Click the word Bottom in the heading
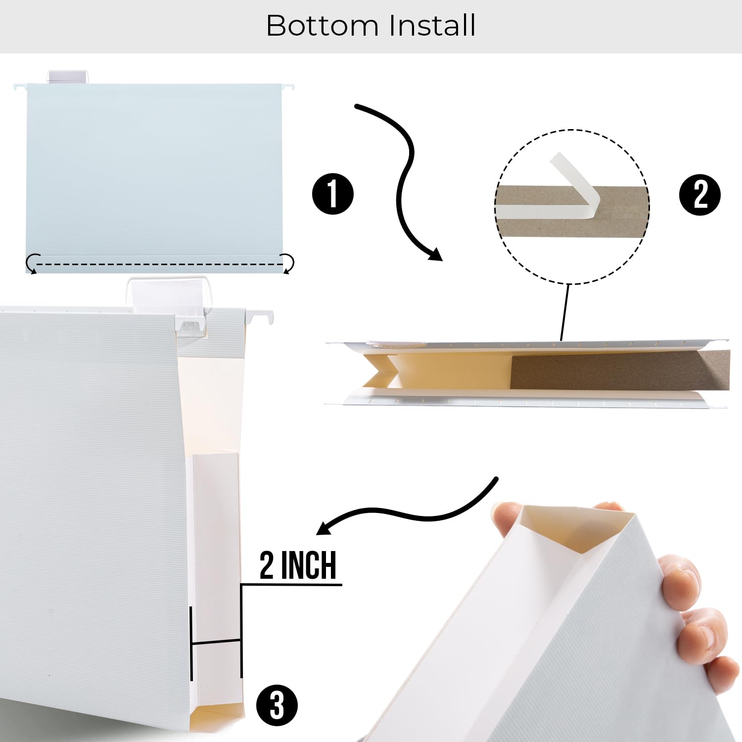point(322,26)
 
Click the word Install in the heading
point(432,26)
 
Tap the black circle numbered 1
point(333,194)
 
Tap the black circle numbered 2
point(700,195)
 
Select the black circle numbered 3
point(277,705)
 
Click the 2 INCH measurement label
point(298,565)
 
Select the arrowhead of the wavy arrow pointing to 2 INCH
point(324,528)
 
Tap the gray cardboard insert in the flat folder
point(618,371)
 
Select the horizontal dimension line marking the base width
point(216,642)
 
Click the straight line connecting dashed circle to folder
point(564,312)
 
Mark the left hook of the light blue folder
point(20,88)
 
